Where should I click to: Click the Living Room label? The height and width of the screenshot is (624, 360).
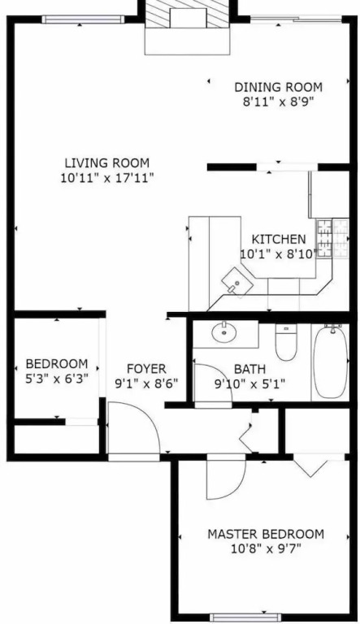(x=107, y=162)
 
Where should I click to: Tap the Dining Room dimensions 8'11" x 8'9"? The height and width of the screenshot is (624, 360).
(x=279, y=102)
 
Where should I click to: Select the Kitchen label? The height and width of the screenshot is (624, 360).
(x=279, y=239)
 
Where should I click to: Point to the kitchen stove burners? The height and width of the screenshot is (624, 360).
(x=332, y=238)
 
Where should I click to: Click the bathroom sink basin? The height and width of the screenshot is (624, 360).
(x=224, y=332)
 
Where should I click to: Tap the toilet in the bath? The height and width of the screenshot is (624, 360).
(x=286, y=342)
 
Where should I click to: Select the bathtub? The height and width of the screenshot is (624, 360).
(x=330, y=361)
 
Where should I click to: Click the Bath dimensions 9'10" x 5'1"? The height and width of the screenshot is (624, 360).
(x=249, y=383)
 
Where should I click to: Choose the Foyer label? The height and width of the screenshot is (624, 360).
(x=146, y=369)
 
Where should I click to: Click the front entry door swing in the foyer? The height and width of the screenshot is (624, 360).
(x=134, y=427)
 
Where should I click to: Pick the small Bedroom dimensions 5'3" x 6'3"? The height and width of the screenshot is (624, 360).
(x=57, y=378)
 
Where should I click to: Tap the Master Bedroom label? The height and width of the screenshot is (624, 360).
(x=266, y=534)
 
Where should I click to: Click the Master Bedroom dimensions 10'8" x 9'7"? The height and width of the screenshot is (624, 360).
(x=266, y=549)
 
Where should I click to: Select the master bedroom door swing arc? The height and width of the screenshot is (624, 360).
(x=226, y=479)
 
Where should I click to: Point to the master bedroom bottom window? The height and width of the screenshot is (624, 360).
(x=245, y=617)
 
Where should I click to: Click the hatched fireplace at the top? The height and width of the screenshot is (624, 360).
(x=188, y=14)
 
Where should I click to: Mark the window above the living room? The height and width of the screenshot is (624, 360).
(x=83, y=19)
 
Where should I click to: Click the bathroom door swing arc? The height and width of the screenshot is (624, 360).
(x=213, y=383)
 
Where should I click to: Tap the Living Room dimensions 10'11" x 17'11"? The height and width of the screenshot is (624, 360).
(x=107, y=177)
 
